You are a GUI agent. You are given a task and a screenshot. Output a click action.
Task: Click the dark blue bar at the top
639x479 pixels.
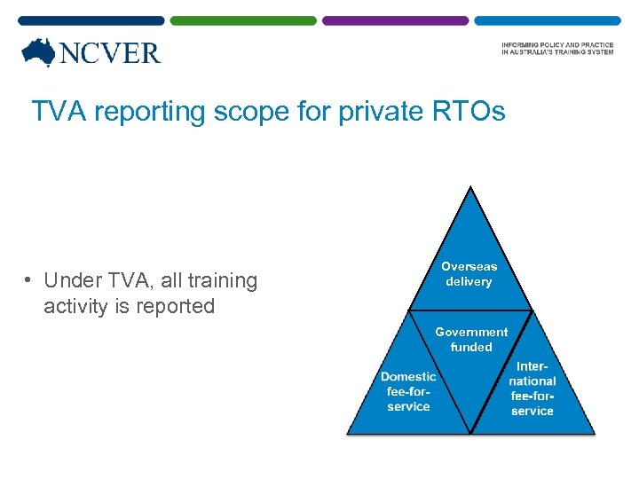(91, 20)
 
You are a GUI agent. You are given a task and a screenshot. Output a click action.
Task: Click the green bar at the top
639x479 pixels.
(242, 20)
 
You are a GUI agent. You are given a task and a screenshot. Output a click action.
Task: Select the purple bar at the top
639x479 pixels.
(395, 20)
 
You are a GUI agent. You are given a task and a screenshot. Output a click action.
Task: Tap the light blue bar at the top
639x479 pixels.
(547, 20)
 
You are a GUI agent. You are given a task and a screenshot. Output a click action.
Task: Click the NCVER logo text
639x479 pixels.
(109, 53)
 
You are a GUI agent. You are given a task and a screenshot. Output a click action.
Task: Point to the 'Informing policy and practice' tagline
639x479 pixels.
(556, 49)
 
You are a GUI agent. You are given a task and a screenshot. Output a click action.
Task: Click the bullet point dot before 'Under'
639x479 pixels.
(29, 281)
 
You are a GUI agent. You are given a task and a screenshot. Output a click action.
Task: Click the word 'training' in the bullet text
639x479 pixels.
(216, 281)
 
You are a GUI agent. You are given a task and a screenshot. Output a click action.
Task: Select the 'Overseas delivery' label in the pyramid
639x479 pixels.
(469, 273)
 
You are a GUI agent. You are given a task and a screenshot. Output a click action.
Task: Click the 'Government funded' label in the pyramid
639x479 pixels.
(471, 340)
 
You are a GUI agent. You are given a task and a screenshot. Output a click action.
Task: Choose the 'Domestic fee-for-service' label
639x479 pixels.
(408, 391)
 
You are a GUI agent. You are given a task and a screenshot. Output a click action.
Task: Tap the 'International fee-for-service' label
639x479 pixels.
(532, 389)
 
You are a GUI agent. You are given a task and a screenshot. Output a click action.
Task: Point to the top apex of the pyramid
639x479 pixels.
(470, 188)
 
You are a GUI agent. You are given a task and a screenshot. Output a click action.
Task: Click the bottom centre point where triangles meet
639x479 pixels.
(470, 432)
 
